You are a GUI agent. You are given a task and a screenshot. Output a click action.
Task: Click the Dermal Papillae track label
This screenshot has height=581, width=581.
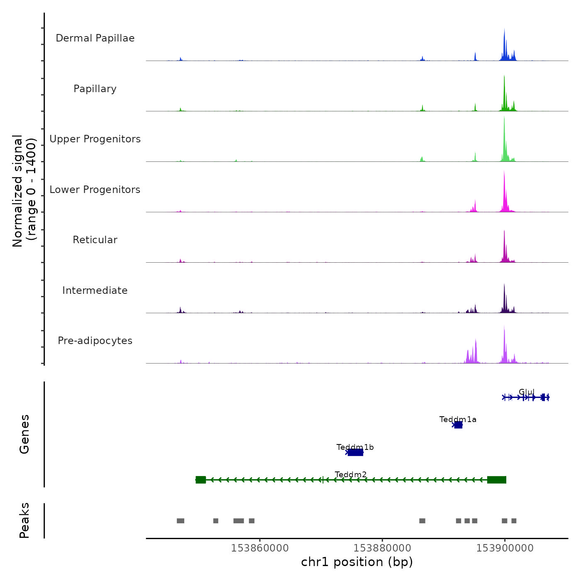click(x=95, y=38)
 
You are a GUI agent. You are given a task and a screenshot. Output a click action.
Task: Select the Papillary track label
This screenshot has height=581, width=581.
click(x=95, y=89)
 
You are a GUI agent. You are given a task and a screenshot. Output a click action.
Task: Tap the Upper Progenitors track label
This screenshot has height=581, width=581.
click(x=95, y=139)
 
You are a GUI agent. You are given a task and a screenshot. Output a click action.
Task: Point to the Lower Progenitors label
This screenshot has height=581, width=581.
click(x=95, y=190)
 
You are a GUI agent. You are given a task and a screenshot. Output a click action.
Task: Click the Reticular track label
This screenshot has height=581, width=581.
click(x=95, y=240)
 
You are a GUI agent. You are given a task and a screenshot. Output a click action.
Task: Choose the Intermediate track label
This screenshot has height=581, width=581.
click(x=95, y=290)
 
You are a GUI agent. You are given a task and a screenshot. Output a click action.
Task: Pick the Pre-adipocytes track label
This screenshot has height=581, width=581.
click(x=95, y=341)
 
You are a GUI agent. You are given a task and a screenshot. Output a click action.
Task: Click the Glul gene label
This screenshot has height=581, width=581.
click(x=527, y=392)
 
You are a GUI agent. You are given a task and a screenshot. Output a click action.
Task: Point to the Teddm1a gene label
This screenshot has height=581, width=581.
click(x=458, y=420)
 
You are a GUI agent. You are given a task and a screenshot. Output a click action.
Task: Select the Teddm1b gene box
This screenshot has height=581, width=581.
click(x=355, y=452)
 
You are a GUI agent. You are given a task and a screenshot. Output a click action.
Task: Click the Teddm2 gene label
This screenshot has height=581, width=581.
click(x=351, y=474)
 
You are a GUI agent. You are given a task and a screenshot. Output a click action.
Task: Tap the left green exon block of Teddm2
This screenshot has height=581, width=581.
click(x=201, y=480)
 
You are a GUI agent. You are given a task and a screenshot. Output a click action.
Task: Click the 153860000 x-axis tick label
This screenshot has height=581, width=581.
click(x=260, y=548)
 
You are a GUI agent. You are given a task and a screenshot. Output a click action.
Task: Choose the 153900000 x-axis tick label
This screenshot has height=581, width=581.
click(x=505, y=548)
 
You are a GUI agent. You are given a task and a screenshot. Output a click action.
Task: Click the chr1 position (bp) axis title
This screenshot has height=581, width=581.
click(x=357, y=562)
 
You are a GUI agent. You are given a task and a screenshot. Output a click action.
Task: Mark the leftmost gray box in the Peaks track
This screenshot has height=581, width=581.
click(x=181, y=521)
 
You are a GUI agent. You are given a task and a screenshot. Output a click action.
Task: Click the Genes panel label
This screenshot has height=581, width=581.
click(x=24, y=434)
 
